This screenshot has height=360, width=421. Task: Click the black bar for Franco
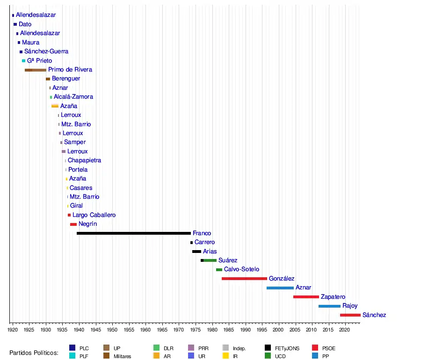point(134,233)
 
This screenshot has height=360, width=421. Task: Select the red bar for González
point(244,279)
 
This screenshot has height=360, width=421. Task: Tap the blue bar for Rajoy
point(329,306)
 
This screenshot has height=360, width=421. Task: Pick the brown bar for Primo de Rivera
point(36,70)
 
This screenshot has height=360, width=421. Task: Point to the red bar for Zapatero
point(306,297)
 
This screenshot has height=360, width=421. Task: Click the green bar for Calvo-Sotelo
point(219,270)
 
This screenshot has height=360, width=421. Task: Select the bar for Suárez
point(209,260)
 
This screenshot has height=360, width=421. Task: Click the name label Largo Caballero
point(94,215)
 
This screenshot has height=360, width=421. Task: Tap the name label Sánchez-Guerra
point(46,51)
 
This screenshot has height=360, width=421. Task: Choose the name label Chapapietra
point(84,160)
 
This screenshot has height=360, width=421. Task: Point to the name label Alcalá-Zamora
point(73,97)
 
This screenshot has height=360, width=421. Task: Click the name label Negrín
point(88,224)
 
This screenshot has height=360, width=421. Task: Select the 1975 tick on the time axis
point(196,330)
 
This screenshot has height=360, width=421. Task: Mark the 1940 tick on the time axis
point(79,330)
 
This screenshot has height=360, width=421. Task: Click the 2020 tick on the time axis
point(345,330)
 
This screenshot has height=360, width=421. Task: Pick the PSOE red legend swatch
point(315,348)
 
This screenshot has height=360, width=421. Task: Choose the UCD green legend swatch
point(268,356)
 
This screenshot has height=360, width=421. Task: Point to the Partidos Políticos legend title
point(34,353)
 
